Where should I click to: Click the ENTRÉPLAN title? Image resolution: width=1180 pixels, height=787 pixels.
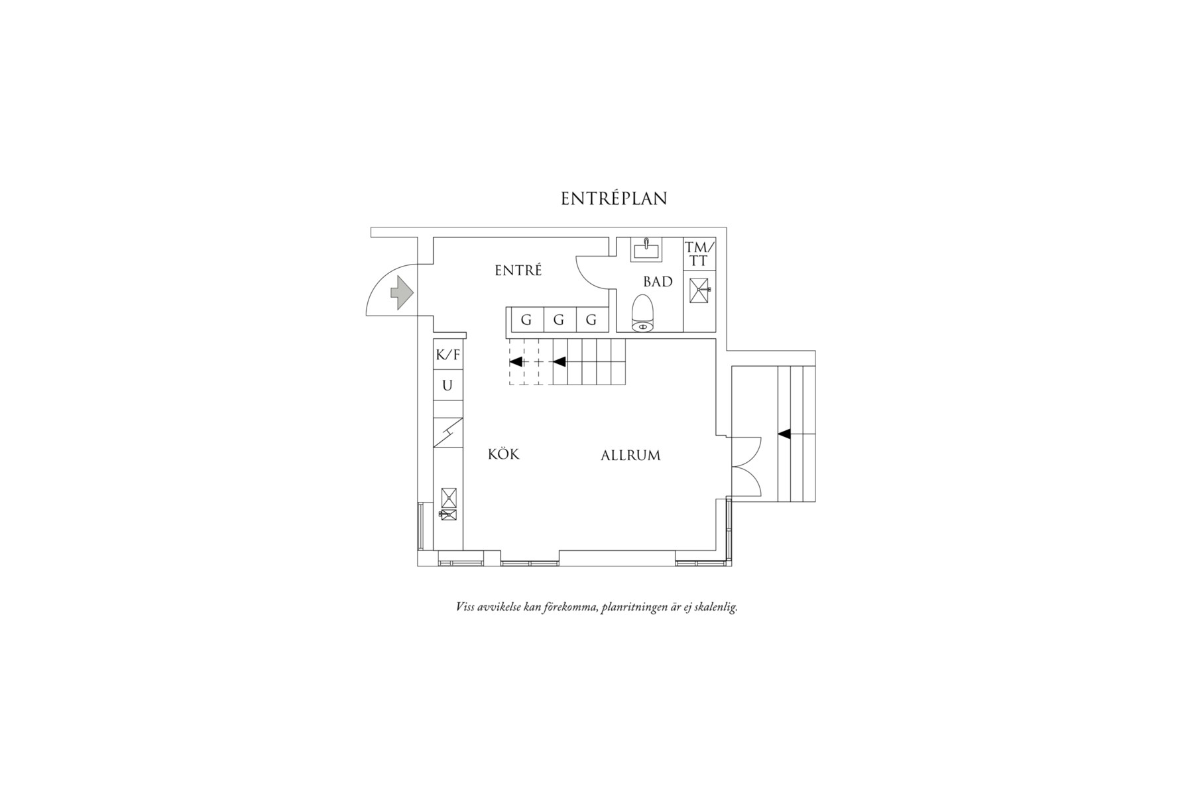pyautogui.click(x=614, y=199)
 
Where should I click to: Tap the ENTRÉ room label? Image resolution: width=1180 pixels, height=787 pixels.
pyautogui.click(x=518, y=271)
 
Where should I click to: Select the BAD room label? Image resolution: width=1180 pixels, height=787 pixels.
pyautogui.click(x=658, y=282)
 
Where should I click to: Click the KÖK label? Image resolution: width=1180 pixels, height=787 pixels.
pyautogui.click(x=503, y=454)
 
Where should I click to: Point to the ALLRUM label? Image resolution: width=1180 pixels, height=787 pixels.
pyautogui.click(x=630, y=455)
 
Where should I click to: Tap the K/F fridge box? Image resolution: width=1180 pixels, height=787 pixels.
pyautogui.click(x=447, y=355)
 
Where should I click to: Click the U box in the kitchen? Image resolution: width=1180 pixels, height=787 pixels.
pyautogui.click(x=447, y=385)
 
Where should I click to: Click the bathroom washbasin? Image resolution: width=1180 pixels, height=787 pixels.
pyautogui.click(x=646, y=249)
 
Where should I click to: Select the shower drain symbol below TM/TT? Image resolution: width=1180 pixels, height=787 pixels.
pyautogui.click(x=699, y=290)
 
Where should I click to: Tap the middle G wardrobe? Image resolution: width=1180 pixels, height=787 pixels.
pyautogui.click(x=559, y=320)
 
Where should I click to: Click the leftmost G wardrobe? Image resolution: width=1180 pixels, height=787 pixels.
pyautogui.click(x=526, y=320)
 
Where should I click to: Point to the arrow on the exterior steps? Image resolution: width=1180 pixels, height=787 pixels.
pyautogui.click(x=784, y=434)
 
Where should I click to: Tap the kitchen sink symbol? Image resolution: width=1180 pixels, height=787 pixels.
pyautogui.click(x=448, y=514)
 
